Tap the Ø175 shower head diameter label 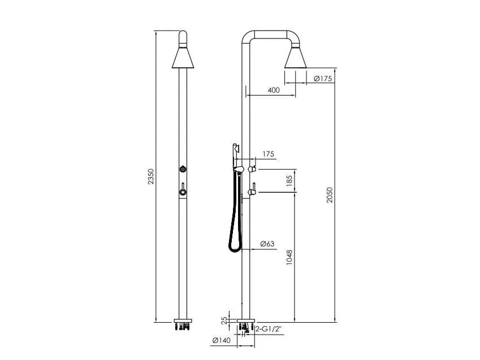[323, 79]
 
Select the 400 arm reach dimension [274, 90]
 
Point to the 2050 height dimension [330, 195]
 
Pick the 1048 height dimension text [289, 258]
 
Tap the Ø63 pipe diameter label [267, 244]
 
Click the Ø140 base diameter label [221, 340]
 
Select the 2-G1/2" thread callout [268, 329]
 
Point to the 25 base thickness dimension [225, 320]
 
